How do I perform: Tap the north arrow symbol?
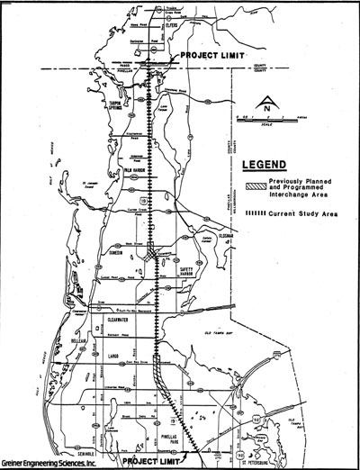[x=262, y=102]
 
